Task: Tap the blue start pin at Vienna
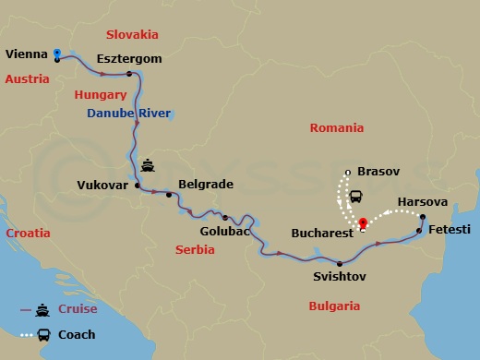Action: (x=57, y=54)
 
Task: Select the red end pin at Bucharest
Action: (x=363, y=222)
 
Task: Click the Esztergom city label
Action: (x=130, y=59)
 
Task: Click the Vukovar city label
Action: (x=102, y=184)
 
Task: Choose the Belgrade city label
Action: (x=205, y=184)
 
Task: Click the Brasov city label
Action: (x=375, y=172)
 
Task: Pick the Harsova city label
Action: (x=422, y=201)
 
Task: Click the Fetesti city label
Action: (x=450, y=228)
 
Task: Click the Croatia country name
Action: (x=28, y=234)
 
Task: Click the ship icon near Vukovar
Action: (x=148, y=167)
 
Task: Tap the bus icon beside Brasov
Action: (x=354, y=196)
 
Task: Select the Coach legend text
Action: (x=76, y=334)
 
